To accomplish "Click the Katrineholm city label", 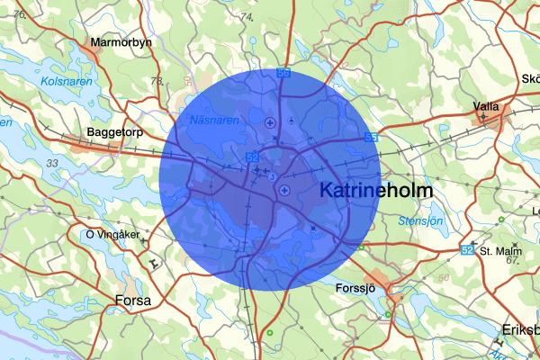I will tap(376, 192).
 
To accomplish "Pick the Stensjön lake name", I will tap(421, 220).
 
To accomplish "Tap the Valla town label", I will tap(487, 106).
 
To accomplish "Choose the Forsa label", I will tap(133, 300).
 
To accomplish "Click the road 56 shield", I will tap(283, 73).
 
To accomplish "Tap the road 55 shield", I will tap(371, 137).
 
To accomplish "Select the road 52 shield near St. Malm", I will tap(466, 249).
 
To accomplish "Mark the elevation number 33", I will tap(52, 163).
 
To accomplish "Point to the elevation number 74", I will tap(247, 17).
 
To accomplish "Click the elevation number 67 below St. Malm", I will tap(513, 260).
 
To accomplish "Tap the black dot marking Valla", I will tap(486, 117).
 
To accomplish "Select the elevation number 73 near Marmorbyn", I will tap(157, 82).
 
